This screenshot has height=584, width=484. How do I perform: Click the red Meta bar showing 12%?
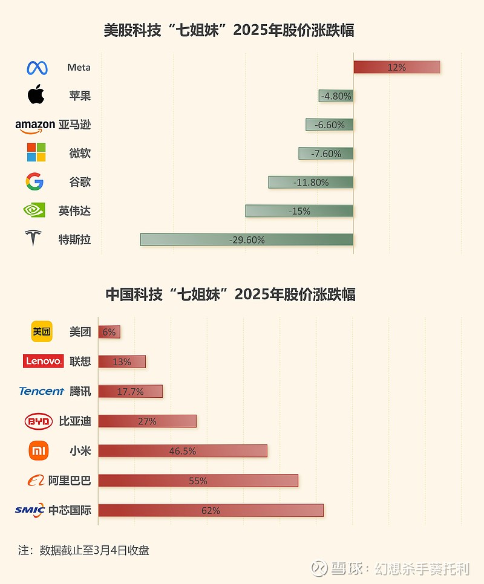pos(396,67)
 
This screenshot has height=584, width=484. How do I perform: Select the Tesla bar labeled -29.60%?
pos(247,239)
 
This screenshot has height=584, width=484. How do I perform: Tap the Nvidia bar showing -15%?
pos(299,210)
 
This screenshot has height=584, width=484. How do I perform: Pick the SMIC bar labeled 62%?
pos(211,510)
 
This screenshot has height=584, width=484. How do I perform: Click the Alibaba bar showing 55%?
pos(198,481)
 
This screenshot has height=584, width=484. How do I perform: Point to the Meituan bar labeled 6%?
pos(110,332)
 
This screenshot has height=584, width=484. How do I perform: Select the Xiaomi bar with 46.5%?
pos(182,451)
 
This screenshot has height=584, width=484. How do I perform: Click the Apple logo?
pos(36,95)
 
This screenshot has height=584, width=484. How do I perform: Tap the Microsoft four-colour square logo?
pos(36,152)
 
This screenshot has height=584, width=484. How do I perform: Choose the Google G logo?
pos(35,181)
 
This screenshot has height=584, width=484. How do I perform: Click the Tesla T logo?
pos(33,238)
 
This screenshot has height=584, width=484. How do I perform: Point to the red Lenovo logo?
pos(43,361)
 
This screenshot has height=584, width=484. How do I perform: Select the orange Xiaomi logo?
pos(39,450)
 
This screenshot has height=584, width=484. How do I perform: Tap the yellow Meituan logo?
pos(42,331)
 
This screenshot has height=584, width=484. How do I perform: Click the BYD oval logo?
pos(39,421)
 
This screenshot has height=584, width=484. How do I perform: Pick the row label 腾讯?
pos(80,391)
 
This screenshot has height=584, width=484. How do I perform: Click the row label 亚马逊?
pos(75,125)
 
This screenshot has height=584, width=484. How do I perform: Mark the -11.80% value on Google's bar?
pos(311,182)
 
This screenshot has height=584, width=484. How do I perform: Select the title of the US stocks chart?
pos(229,30)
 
